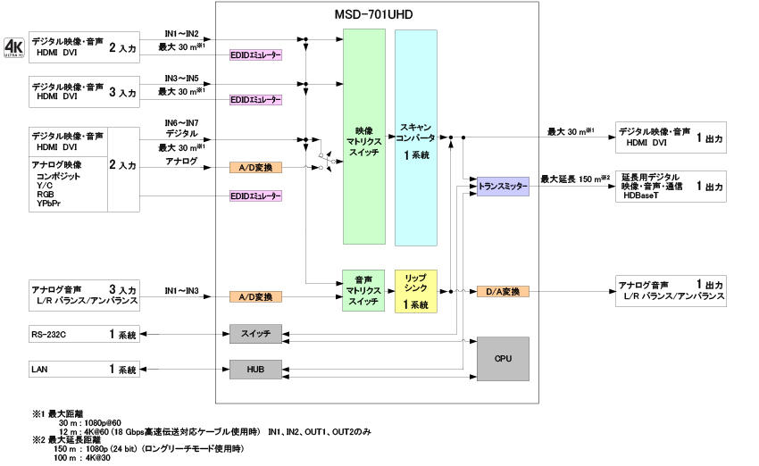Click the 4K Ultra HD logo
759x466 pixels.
[x=13, y=46]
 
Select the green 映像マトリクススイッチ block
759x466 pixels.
[x=363, y=137]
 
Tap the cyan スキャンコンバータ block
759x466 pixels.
[x=416, y=137]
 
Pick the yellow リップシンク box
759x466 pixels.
[x=416, y=290]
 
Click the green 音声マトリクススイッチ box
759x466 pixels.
[x=363, y=290]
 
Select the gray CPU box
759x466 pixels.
[x=503, y=358]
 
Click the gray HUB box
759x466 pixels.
[x=255, y=369]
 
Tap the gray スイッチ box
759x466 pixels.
[x=255, y=334]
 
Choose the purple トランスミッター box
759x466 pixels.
[x=503, y=187]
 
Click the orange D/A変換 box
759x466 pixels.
[x=503, y=291]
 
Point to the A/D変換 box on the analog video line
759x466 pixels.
[x=255, y=167]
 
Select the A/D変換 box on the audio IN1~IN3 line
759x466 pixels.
[x=255, y=296]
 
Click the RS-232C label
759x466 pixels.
[x=49, y=334]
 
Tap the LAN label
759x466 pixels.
[x=40, y=369]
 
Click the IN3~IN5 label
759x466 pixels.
[x=182, y=79]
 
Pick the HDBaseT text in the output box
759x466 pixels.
[x=640, y=195]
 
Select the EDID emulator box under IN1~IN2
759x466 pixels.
[x=255, y=54]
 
